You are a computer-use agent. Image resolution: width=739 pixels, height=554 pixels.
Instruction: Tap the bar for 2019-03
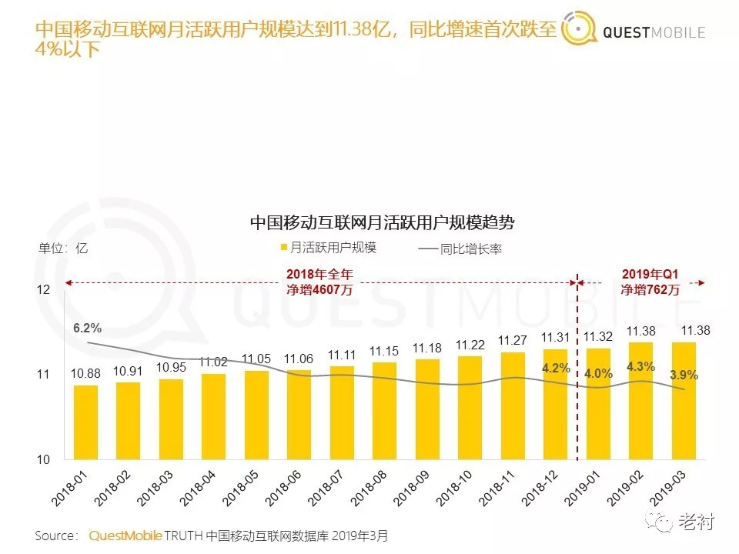click(683, 400)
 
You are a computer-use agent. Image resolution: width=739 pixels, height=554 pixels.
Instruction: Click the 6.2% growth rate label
click(87, 328)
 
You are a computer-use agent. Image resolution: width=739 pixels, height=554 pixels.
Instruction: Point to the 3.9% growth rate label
click(683, 375)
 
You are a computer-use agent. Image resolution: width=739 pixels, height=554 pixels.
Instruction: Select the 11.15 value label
click(384, 350)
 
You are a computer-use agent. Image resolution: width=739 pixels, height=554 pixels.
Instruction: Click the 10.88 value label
click(86, 373)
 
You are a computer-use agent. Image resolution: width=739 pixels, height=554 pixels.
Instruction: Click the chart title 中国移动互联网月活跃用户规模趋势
click(382, 223)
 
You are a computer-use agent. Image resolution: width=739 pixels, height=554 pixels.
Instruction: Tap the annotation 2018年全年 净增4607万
click(320, 282)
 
